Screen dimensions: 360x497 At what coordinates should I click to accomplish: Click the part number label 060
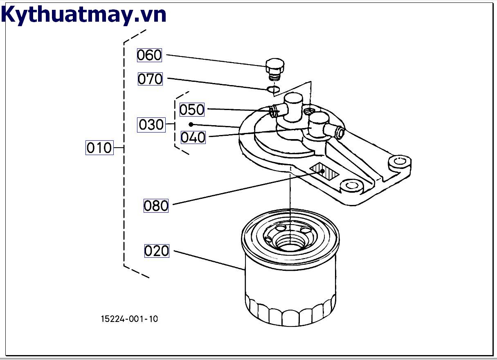pos(149,55)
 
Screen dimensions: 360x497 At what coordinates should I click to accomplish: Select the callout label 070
pos(150,79)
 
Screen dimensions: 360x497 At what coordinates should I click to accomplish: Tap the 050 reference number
pos(192,110)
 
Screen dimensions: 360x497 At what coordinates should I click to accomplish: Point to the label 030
pos(151,124)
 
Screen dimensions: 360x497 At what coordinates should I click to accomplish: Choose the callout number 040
pos(193,137)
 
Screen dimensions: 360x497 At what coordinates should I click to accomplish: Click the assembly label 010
pos(99,147)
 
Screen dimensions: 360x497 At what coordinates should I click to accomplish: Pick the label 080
pos(156,205)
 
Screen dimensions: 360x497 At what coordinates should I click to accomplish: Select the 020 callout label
pos(157,251)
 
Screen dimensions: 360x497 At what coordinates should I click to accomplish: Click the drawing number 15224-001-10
pos(129,319)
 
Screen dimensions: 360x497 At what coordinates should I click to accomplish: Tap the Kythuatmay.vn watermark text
pos(84,15)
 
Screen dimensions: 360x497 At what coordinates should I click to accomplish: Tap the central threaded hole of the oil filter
pos(289,242)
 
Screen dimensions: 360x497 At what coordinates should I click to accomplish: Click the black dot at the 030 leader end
pos(191,124)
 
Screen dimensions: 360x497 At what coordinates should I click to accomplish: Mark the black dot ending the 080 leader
pos(323,171)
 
